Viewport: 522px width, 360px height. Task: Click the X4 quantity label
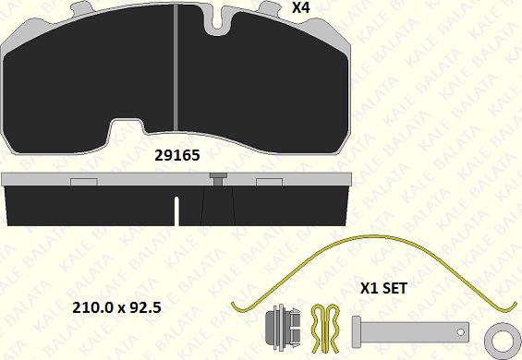tap(301, 7)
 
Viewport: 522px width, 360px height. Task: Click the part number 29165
tap(177, 155)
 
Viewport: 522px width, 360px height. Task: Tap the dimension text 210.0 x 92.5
tap(116, 307)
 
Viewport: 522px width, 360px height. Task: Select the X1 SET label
tap(383, 288)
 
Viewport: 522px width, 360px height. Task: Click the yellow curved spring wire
tap(373, 236)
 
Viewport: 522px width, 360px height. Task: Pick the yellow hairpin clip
tap(325, 329)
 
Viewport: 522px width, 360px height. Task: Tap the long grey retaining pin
tap(410, 331)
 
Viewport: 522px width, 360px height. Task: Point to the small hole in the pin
tap(460, 332)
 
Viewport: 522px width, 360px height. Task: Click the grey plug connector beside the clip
tap(283, 327)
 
